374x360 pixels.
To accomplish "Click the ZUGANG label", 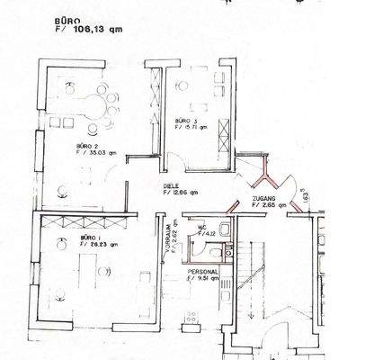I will click(x=264, y=198).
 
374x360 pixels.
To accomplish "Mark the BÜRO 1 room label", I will click(x=91, y=236).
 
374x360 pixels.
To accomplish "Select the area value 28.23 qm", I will click(x=100, y=243).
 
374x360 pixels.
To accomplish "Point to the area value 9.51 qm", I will click(x=209, y=279).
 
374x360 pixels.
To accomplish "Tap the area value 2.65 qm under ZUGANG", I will click(x=270, y=205).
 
